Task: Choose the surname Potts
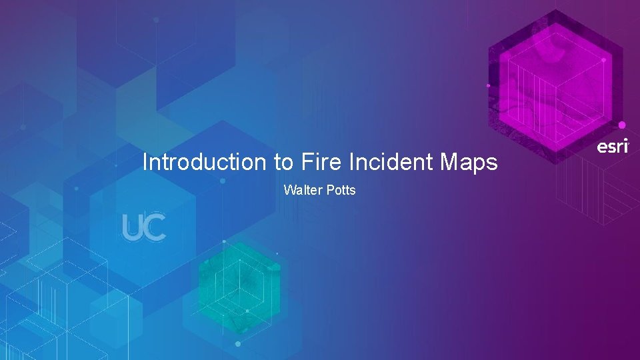click(341, 191)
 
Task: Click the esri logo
click(611, 147)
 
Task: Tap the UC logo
click(144, 227)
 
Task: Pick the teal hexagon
click(239, 287)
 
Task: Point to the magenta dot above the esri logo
click(622, 125)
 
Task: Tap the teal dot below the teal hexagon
click(238, 344)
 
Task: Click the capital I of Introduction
click(145, 162)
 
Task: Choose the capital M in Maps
click(447, 162)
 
